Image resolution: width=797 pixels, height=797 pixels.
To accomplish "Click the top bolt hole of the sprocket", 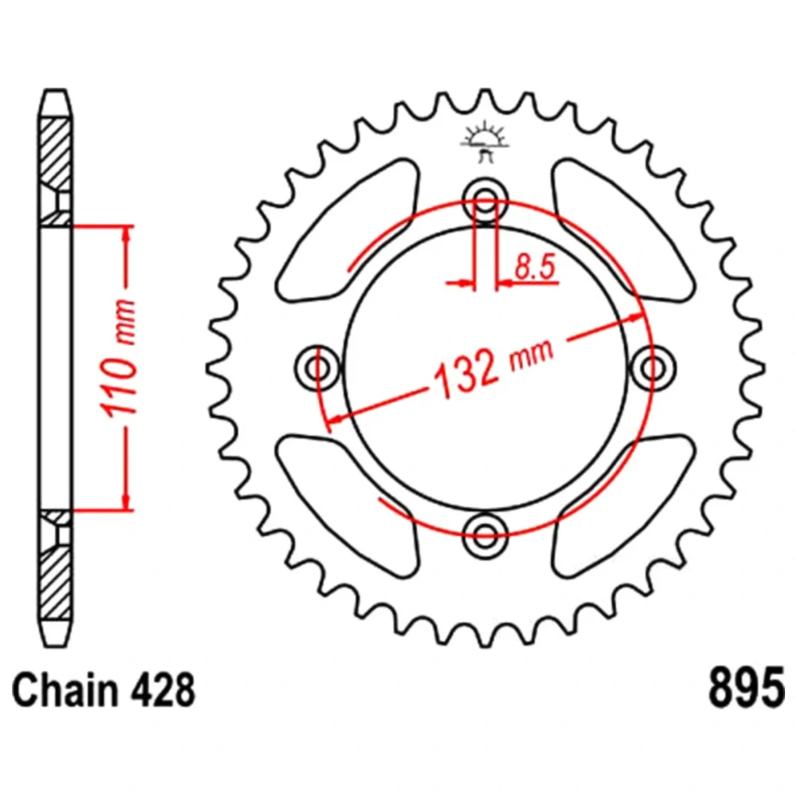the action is point(485,200).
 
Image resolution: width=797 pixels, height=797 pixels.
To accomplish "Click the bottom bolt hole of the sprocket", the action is point(485,536).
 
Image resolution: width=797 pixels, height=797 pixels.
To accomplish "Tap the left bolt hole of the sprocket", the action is point(318,367).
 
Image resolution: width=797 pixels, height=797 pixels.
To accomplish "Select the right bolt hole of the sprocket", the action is point(654,367).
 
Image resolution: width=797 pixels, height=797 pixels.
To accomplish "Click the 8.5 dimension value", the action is point(536,266).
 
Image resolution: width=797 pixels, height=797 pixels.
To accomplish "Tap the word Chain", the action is point(65,689).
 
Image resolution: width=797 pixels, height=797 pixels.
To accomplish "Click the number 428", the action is point(162,689).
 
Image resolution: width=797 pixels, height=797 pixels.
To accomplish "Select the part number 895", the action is point(746,689).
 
